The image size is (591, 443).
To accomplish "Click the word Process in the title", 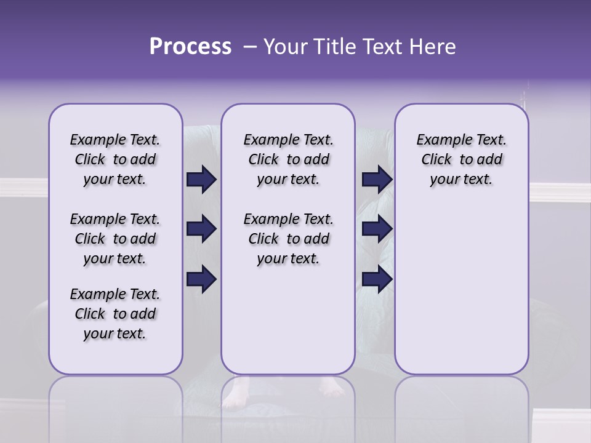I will click(x=190, y=46).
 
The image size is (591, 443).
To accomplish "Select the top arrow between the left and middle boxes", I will click(x=201, y=179).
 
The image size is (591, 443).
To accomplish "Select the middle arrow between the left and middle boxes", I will click(x=201, y=229).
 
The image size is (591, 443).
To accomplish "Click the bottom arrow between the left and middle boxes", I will click(x=201, y=279).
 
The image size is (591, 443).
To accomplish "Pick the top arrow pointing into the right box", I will click(x=377, y=179).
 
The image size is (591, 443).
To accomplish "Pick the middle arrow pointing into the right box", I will click(x=377, y=229).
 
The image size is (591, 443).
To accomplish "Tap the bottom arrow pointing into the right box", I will click(x=377, y=279).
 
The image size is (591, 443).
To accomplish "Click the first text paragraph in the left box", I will click(x=115, y=159).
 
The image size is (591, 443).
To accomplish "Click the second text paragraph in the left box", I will click(x=115, y=239).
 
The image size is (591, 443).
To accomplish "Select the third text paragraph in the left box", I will click(x=115, y=314).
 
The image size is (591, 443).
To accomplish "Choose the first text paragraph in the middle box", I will click(x=288, y=159).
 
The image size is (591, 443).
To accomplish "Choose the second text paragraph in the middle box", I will click(x=288, y=239).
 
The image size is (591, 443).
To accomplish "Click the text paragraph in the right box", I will click(x=461, y=159).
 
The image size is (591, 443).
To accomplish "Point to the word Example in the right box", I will click(x=439, y=140).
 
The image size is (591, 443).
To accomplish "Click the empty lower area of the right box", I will click(x=461, y=289).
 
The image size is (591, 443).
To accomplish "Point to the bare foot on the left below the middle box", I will click(x=235, y=394).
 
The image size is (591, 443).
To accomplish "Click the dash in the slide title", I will click(x=249, y=47).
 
